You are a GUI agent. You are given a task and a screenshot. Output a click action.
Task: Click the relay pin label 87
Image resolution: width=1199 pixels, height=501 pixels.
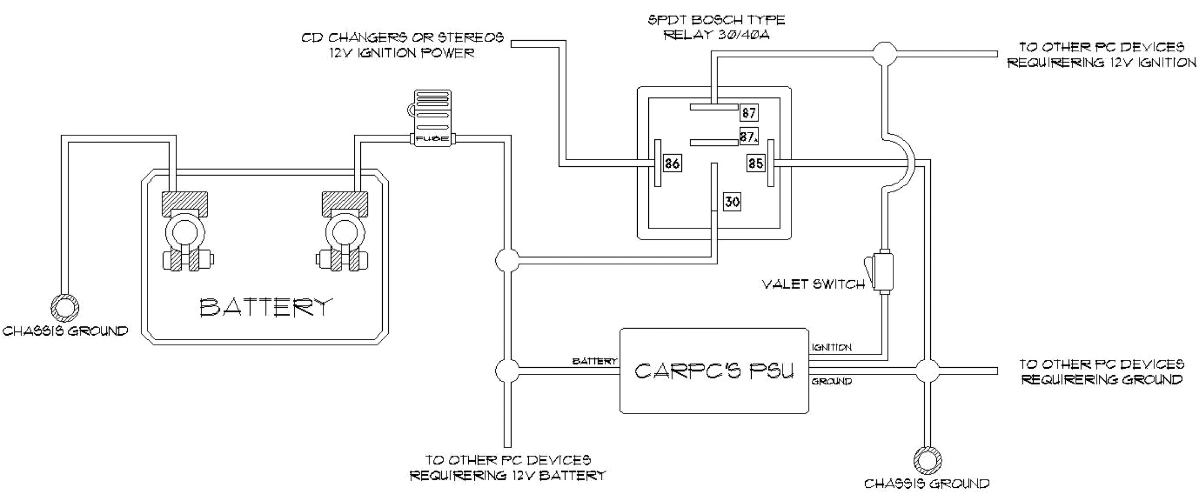coord(748,113)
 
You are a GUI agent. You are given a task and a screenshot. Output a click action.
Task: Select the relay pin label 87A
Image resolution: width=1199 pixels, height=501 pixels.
coord(748,137)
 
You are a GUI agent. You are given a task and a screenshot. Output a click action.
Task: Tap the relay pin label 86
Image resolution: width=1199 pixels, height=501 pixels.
coord(672,164)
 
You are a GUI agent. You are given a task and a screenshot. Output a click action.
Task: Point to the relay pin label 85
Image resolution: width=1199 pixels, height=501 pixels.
coord(756,164)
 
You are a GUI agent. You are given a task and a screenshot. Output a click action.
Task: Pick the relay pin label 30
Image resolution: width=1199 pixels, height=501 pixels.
coord(732,202)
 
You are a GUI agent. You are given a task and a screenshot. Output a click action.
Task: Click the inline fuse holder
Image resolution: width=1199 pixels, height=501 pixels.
coord(432,119)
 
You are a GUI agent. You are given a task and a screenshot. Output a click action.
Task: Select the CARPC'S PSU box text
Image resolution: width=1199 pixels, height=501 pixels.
coord(714,371)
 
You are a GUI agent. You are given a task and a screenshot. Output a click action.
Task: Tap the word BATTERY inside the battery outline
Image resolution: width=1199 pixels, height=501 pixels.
coord(266,307)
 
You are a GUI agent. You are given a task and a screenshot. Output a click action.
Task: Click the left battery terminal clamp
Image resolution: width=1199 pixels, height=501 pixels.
coord(185,231)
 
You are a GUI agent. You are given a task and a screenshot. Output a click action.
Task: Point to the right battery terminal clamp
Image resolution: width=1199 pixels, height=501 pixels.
coord(345,231)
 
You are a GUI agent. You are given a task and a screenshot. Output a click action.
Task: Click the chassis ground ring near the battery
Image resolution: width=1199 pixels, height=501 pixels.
coord(65,307)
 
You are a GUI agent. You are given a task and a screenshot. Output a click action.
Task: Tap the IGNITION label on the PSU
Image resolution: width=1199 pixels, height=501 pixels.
coord(832,347)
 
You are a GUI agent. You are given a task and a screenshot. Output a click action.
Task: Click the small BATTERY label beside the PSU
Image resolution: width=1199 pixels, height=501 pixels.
coord(595,362)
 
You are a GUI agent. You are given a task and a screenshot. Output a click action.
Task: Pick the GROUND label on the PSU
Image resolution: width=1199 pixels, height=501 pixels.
coord(832,381)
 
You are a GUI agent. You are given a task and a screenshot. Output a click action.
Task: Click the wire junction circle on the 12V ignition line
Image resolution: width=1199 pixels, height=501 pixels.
coord(885,54)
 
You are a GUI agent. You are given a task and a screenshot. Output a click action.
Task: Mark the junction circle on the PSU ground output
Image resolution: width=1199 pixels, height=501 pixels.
coord(927,371)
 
